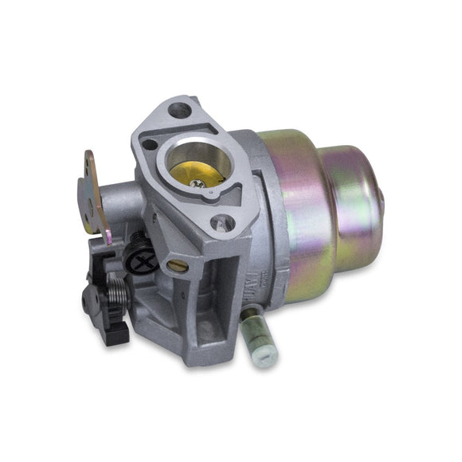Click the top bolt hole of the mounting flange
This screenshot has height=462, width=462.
[x=181, y=111]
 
